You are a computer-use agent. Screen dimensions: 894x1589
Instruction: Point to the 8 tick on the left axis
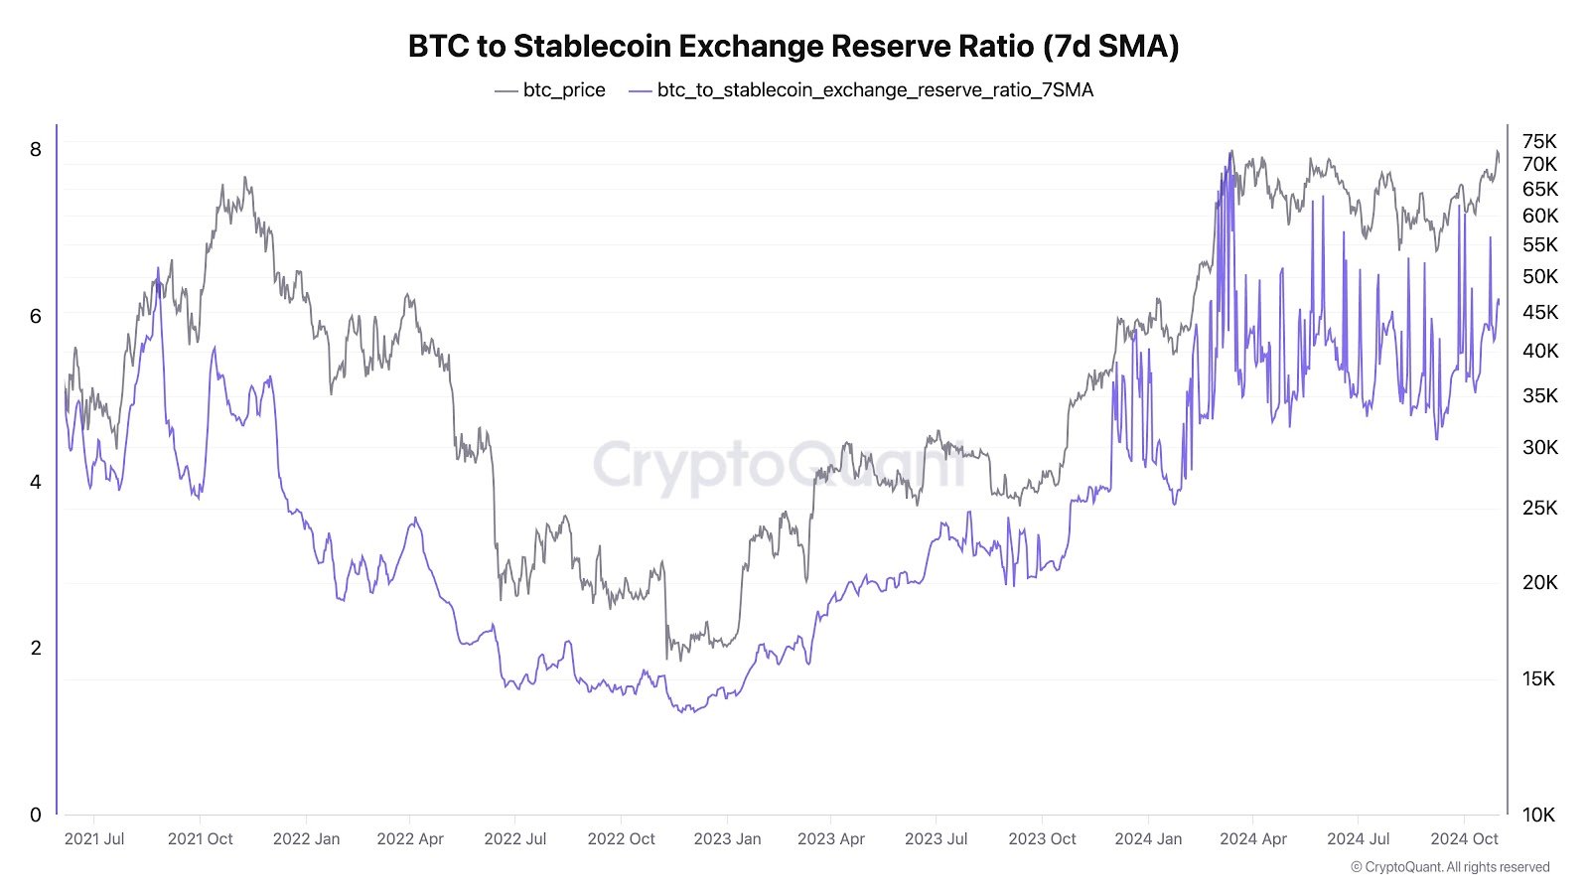coord(36,149)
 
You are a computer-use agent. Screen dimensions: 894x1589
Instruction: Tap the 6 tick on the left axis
coord(36,316)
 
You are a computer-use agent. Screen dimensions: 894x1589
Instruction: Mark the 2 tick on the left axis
coord(36,648)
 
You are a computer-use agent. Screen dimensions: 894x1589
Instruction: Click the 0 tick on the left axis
coord(36,815)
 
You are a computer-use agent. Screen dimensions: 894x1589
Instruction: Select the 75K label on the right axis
coord(1539,141)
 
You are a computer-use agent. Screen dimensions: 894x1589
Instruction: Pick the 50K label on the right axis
coord(1539,276)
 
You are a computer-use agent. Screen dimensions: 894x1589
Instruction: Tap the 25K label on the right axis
coord(1539,508)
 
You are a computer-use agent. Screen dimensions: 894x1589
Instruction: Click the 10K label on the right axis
coord(1539,815)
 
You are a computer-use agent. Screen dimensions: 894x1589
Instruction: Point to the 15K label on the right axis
coord(1539,678)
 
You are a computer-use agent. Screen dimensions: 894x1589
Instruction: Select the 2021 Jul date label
coord(94,838)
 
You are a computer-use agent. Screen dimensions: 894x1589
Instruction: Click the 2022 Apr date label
coord(410,838)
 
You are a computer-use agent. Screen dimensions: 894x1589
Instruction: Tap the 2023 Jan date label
coord(727,838)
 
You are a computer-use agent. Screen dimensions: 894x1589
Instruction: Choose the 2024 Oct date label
coord(1464,838)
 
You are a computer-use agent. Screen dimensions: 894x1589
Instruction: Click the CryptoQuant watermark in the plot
coord(780,465)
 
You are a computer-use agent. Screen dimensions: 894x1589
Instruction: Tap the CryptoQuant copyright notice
coord(1450,867)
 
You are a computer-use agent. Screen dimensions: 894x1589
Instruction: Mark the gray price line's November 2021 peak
coord(245,179)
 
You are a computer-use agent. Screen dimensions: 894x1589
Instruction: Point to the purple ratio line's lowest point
coord(685,712)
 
